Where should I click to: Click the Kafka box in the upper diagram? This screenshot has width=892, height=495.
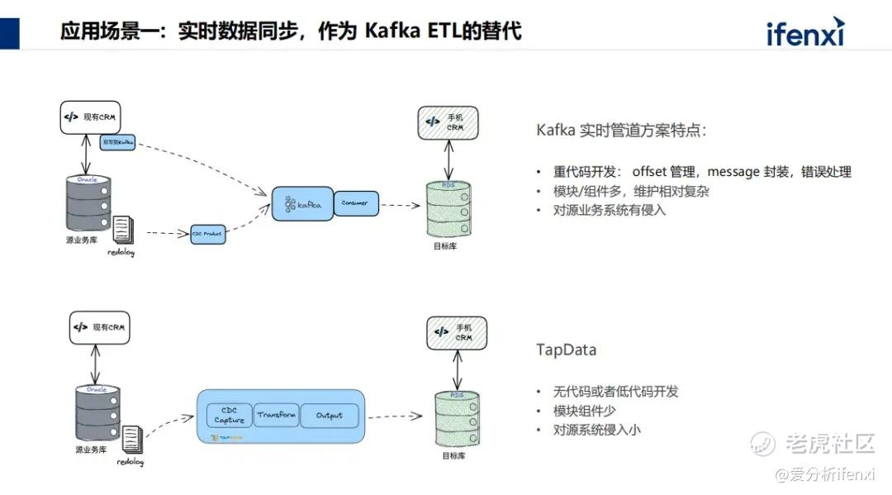click(302, 202)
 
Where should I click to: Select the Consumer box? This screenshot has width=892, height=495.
click(356, 202)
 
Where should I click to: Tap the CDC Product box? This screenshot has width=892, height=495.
click(207, 234)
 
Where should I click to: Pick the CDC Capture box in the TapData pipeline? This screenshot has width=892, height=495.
click(229, 415)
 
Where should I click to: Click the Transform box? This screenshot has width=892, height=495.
click(276, 415)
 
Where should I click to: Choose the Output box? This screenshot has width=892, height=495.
click(329, 415)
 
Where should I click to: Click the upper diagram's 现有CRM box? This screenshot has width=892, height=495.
click(90, 117)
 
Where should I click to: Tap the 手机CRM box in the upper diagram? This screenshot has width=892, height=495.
click(448, 122)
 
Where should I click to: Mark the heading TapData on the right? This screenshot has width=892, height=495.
click(566, 350)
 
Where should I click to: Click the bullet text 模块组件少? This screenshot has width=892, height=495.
click(585, 411)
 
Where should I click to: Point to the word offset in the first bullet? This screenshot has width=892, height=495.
click(652, 172)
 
